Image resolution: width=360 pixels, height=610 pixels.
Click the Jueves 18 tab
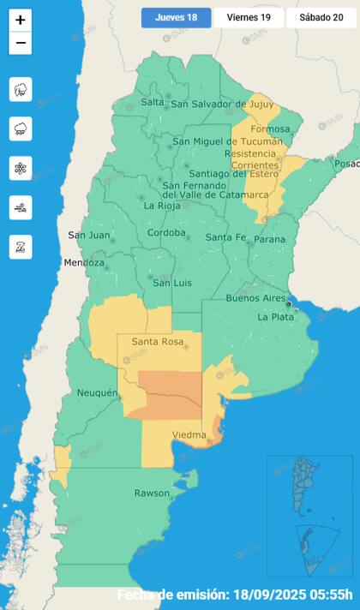176,17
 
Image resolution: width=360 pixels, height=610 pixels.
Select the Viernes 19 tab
249,17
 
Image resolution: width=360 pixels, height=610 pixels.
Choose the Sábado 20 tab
321,17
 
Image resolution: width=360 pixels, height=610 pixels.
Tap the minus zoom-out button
21,44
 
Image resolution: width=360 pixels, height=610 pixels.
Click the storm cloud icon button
21,89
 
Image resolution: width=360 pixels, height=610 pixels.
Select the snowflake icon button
21,168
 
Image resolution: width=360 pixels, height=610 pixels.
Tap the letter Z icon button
21,247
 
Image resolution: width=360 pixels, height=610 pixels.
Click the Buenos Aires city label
255,298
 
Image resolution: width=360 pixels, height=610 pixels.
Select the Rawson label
152,493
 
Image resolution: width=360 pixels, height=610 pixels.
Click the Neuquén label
97,392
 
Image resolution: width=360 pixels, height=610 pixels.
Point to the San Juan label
88,235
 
